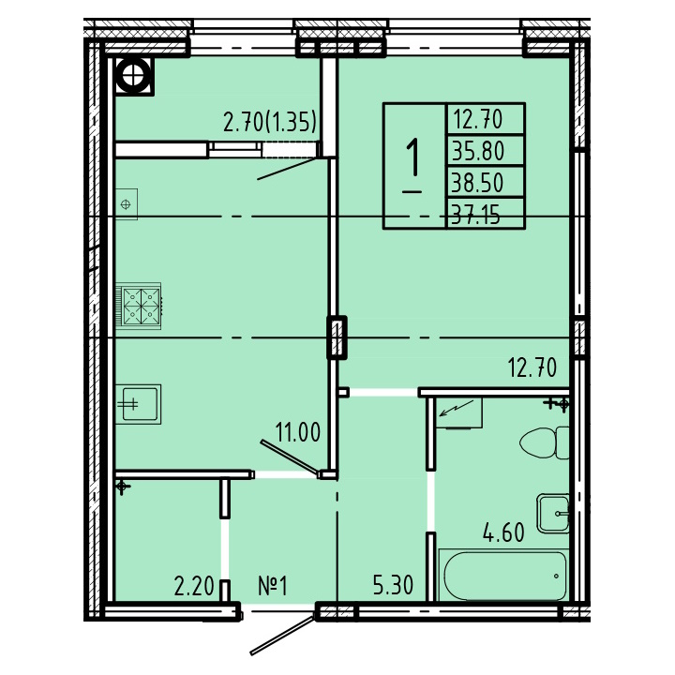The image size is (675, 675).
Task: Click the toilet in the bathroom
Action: [545, 442]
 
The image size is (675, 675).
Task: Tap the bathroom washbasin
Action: [554, 514]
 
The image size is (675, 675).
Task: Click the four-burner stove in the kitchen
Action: [139, 306]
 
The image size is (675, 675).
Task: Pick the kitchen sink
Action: [138, 404]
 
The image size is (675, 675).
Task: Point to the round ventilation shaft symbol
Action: [134, 76]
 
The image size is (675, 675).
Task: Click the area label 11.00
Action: [298, 432]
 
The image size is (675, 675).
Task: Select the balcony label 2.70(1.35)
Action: [270, 121]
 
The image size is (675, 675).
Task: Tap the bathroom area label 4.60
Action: [503, 532]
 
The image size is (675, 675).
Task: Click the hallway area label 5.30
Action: [393, 585]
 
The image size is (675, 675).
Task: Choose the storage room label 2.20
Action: [194, 586]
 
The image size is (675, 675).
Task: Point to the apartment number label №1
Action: [273, 586]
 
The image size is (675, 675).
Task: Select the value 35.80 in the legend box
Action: [478, 151]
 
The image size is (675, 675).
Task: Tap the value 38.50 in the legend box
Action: [477, 183]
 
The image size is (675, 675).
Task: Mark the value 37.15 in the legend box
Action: [475, 215]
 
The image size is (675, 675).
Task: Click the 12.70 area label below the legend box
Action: [532, 368]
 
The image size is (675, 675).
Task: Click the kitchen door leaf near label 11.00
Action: [290, 458]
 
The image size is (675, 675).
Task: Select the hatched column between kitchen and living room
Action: [337, 337]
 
